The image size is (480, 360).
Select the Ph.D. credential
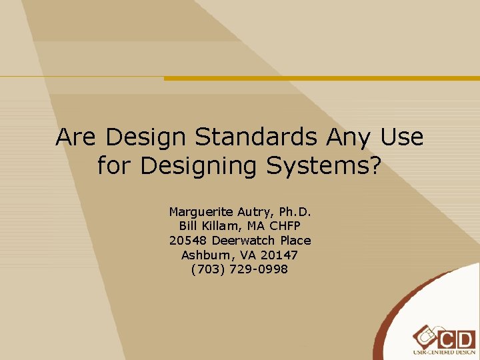(296, 212)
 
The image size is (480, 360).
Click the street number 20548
(188, 240)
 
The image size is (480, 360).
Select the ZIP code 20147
(279, 255)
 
